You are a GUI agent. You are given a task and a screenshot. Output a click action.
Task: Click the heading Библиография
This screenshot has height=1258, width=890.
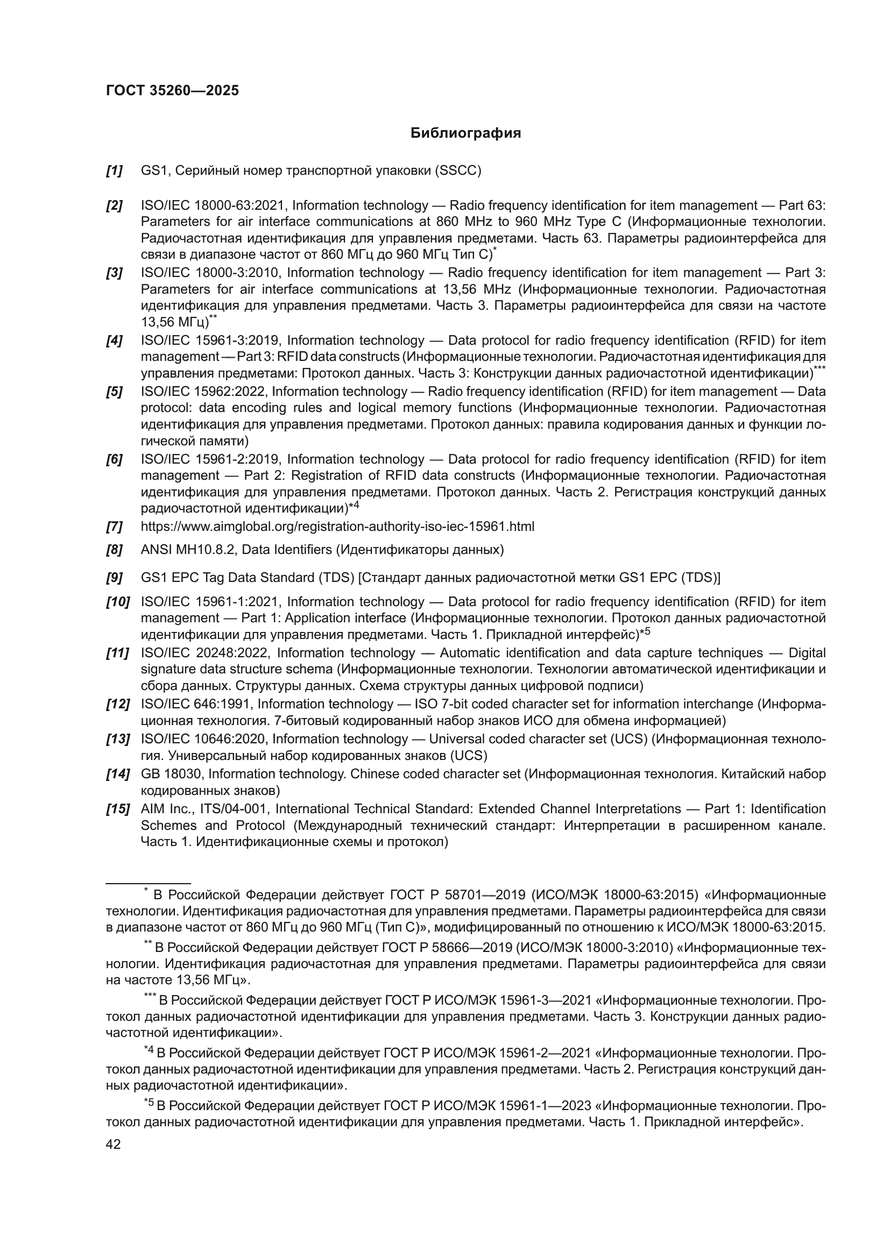point(465,133)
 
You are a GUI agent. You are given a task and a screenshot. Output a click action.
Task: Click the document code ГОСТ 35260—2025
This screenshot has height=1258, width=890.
point(172,91)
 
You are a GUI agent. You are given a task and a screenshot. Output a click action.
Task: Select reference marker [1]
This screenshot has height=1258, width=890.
point(114,171)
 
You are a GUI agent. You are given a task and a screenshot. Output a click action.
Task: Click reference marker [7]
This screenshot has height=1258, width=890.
point(114,527)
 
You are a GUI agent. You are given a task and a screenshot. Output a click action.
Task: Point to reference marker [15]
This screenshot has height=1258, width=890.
point(117,809)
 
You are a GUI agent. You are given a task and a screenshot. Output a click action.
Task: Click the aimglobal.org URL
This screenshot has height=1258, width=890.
point(337,527)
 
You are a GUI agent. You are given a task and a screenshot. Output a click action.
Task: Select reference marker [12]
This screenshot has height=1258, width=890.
point(117,704)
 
